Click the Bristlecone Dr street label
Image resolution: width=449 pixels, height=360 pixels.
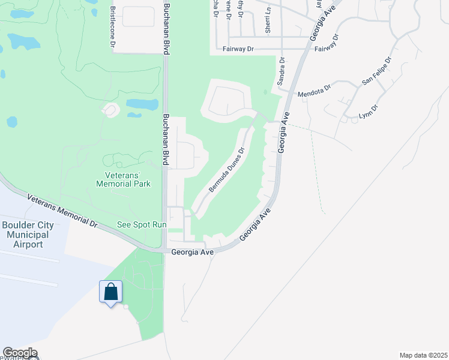[x=112, y=27]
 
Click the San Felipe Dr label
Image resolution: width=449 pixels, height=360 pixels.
[x=376, y=72]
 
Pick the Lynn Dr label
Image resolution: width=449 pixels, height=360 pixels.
[x=369, y=112]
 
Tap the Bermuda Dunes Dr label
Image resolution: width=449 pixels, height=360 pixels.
[x=227, y=170]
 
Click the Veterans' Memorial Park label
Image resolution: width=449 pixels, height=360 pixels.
[x=124, y=179]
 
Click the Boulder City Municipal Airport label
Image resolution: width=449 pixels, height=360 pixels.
[x=25, y=235]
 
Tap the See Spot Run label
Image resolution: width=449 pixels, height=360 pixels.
[x=141, y=224]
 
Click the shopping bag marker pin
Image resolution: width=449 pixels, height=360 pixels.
[x=110, y=293]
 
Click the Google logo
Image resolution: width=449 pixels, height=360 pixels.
[x=19, y=353]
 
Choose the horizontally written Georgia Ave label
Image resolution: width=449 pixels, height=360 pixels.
[x=192, y=253]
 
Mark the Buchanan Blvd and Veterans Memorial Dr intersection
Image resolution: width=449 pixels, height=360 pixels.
[x=164, y=250]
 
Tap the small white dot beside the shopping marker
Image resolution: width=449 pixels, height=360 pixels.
[x=125, y=307]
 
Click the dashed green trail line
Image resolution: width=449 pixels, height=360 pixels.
[x=317, y=168]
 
